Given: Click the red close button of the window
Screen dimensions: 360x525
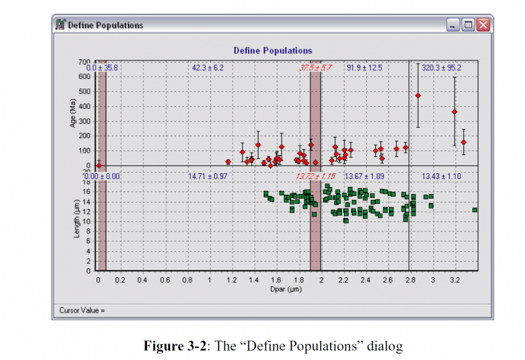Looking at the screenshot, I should pos(483,25).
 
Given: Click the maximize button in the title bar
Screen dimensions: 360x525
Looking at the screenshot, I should pos(468,25).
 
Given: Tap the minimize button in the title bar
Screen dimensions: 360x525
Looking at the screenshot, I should pos(453,25).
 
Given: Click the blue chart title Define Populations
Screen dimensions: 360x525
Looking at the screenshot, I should pos(273,50).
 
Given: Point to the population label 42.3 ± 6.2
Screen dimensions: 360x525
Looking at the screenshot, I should pos(208,68).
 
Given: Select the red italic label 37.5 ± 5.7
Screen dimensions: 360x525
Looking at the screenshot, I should pos(316,68).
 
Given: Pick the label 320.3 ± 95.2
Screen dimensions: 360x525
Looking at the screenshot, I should pos(441,68).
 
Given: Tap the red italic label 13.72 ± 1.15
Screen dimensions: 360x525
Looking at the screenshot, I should pos(316,176).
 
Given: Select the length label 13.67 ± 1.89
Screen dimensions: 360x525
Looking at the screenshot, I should pos(365,176).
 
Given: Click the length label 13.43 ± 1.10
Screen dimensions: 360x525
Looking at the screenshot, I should pos(441,176).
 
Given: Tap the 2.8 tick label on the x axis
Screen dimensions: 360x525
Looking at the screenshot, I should pos(410,280).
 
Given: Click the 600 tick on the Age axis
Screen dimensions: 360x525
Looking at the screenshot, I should pos(83,76).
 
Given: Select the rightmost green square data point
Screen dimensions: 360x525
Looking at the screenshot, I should pos(474,210).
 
